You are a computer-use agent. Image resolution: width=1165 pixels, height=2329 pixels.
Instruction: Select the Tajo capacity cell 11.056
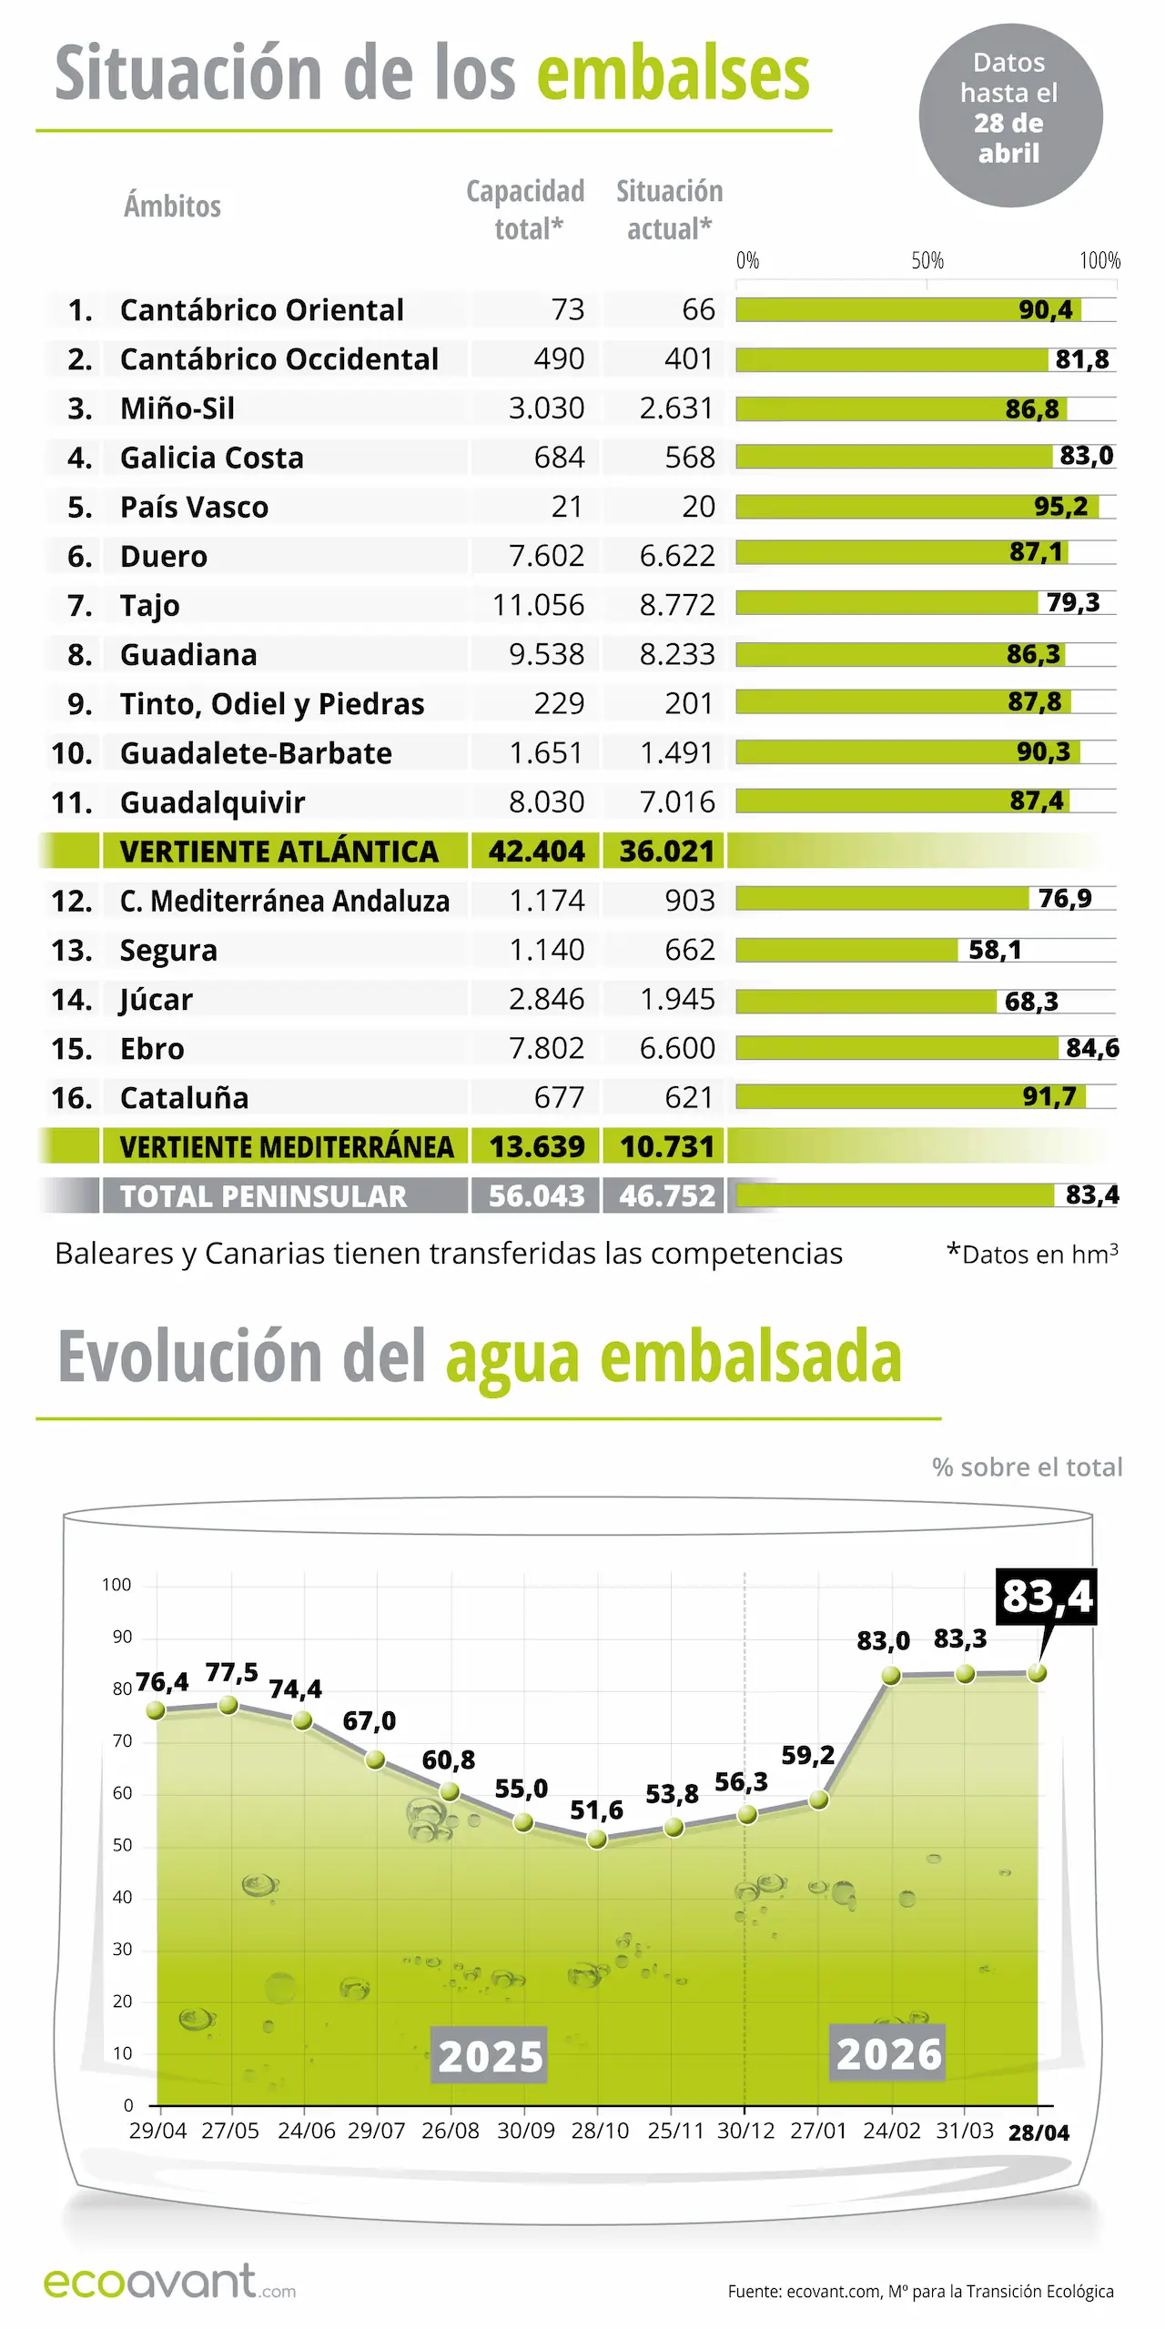tap(538, 605)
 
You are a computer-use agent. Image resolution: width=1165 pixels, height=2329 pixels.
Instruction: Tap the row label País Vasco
tap(194, 507)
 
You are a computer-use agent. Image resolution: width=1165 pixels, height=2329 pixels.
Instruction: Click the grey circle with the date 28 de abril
tap(1009, 116)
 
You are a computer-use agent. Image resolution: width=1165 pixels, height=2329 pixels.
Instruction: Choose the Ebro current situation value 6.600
tap(676, 1048)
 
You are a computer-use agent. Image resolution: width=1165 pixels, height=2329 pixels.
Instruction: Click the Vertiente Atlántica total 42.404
tap(536, 852)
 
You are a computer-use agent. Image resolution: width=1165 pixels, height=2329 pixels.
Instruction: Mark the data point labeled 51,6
tap(597, 1839)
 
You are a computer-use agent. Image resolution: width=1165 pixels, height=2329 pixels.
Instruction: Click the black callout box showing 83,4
tap(1046, 1597)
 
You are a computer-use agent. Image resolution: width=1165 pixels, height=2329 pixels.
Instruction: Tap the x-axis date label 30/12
tap(745, 2132)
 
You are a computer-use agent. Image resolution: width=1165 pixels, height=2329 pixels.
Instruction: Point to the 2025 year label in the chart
tap(490, 2056)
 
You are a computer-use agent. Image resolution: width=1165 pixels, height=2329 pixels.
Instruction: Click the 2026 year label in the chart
tap(888, 2054)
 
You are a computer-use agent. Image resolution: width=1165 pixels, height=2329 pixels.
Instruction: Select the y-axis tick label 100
tap(116, 1585)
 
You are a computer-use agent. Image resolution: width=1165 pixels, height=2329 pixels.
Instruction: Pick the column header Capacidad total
tap(526, 209)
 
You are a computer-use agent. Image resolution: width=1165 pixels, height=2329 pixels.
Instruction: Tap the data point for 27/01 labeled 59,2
tap(818, 1800)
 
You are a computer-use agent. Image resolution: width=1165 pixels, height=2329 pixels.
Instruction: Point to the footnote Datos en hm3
tap(1033, 1255)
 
